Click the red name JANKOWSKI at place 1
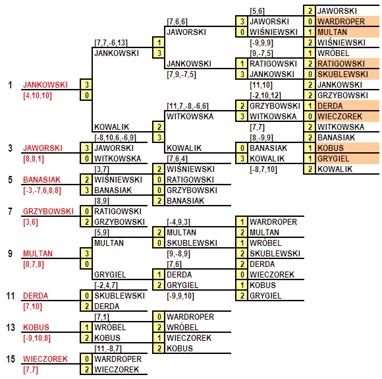45,85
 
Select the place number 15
11,359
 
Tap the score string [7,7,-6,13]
111,43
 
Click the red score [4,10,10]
38,96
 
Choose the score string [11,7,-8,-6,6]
188,106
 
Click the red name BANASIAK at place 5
41,180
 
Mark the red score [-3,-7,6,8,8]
42,190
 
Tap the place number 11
11,296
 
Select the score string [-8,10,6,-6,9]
115,138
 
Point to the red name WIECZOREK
45,359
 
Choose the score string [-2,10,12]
265,96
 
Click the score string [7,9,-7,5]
181,74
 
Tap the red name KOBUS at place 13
36,328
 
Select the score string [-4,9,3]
178,222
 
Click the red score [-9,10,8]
37,338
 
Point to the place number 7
10,212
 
